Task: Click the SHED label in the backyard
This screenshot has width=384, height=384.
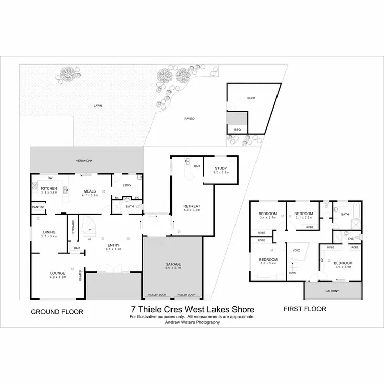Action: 251,98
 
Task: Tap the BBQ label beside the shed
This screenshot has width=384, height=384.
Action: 237,129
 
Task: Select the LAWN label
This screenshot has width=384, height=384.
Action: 97,106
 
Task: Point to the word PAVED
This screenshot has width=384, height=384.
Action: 189,118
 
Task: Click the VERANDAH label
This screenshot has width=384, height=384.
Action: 84,160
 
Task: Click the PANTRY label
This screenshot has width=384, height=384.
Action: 38,207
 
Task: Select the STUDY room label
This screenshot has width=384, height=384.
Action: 221,168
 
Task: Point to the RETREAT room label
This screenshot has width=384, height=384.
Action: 191,206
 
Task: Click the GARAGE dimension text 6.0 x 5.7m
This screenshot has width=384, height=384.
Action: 173,268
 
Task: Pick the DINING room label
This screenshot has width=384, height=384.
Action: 49,232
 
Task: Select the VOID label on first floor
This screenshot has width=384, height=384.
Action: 296,250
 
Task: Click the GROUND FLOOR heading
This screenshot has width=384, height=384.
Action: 57,311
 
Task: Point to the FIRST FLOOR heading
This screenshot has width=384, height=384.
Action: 305,309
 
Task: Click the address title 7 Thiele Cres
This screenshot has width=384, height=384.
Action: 192,309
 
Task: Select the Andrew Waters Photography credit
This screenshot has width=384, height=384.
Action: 192,323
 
